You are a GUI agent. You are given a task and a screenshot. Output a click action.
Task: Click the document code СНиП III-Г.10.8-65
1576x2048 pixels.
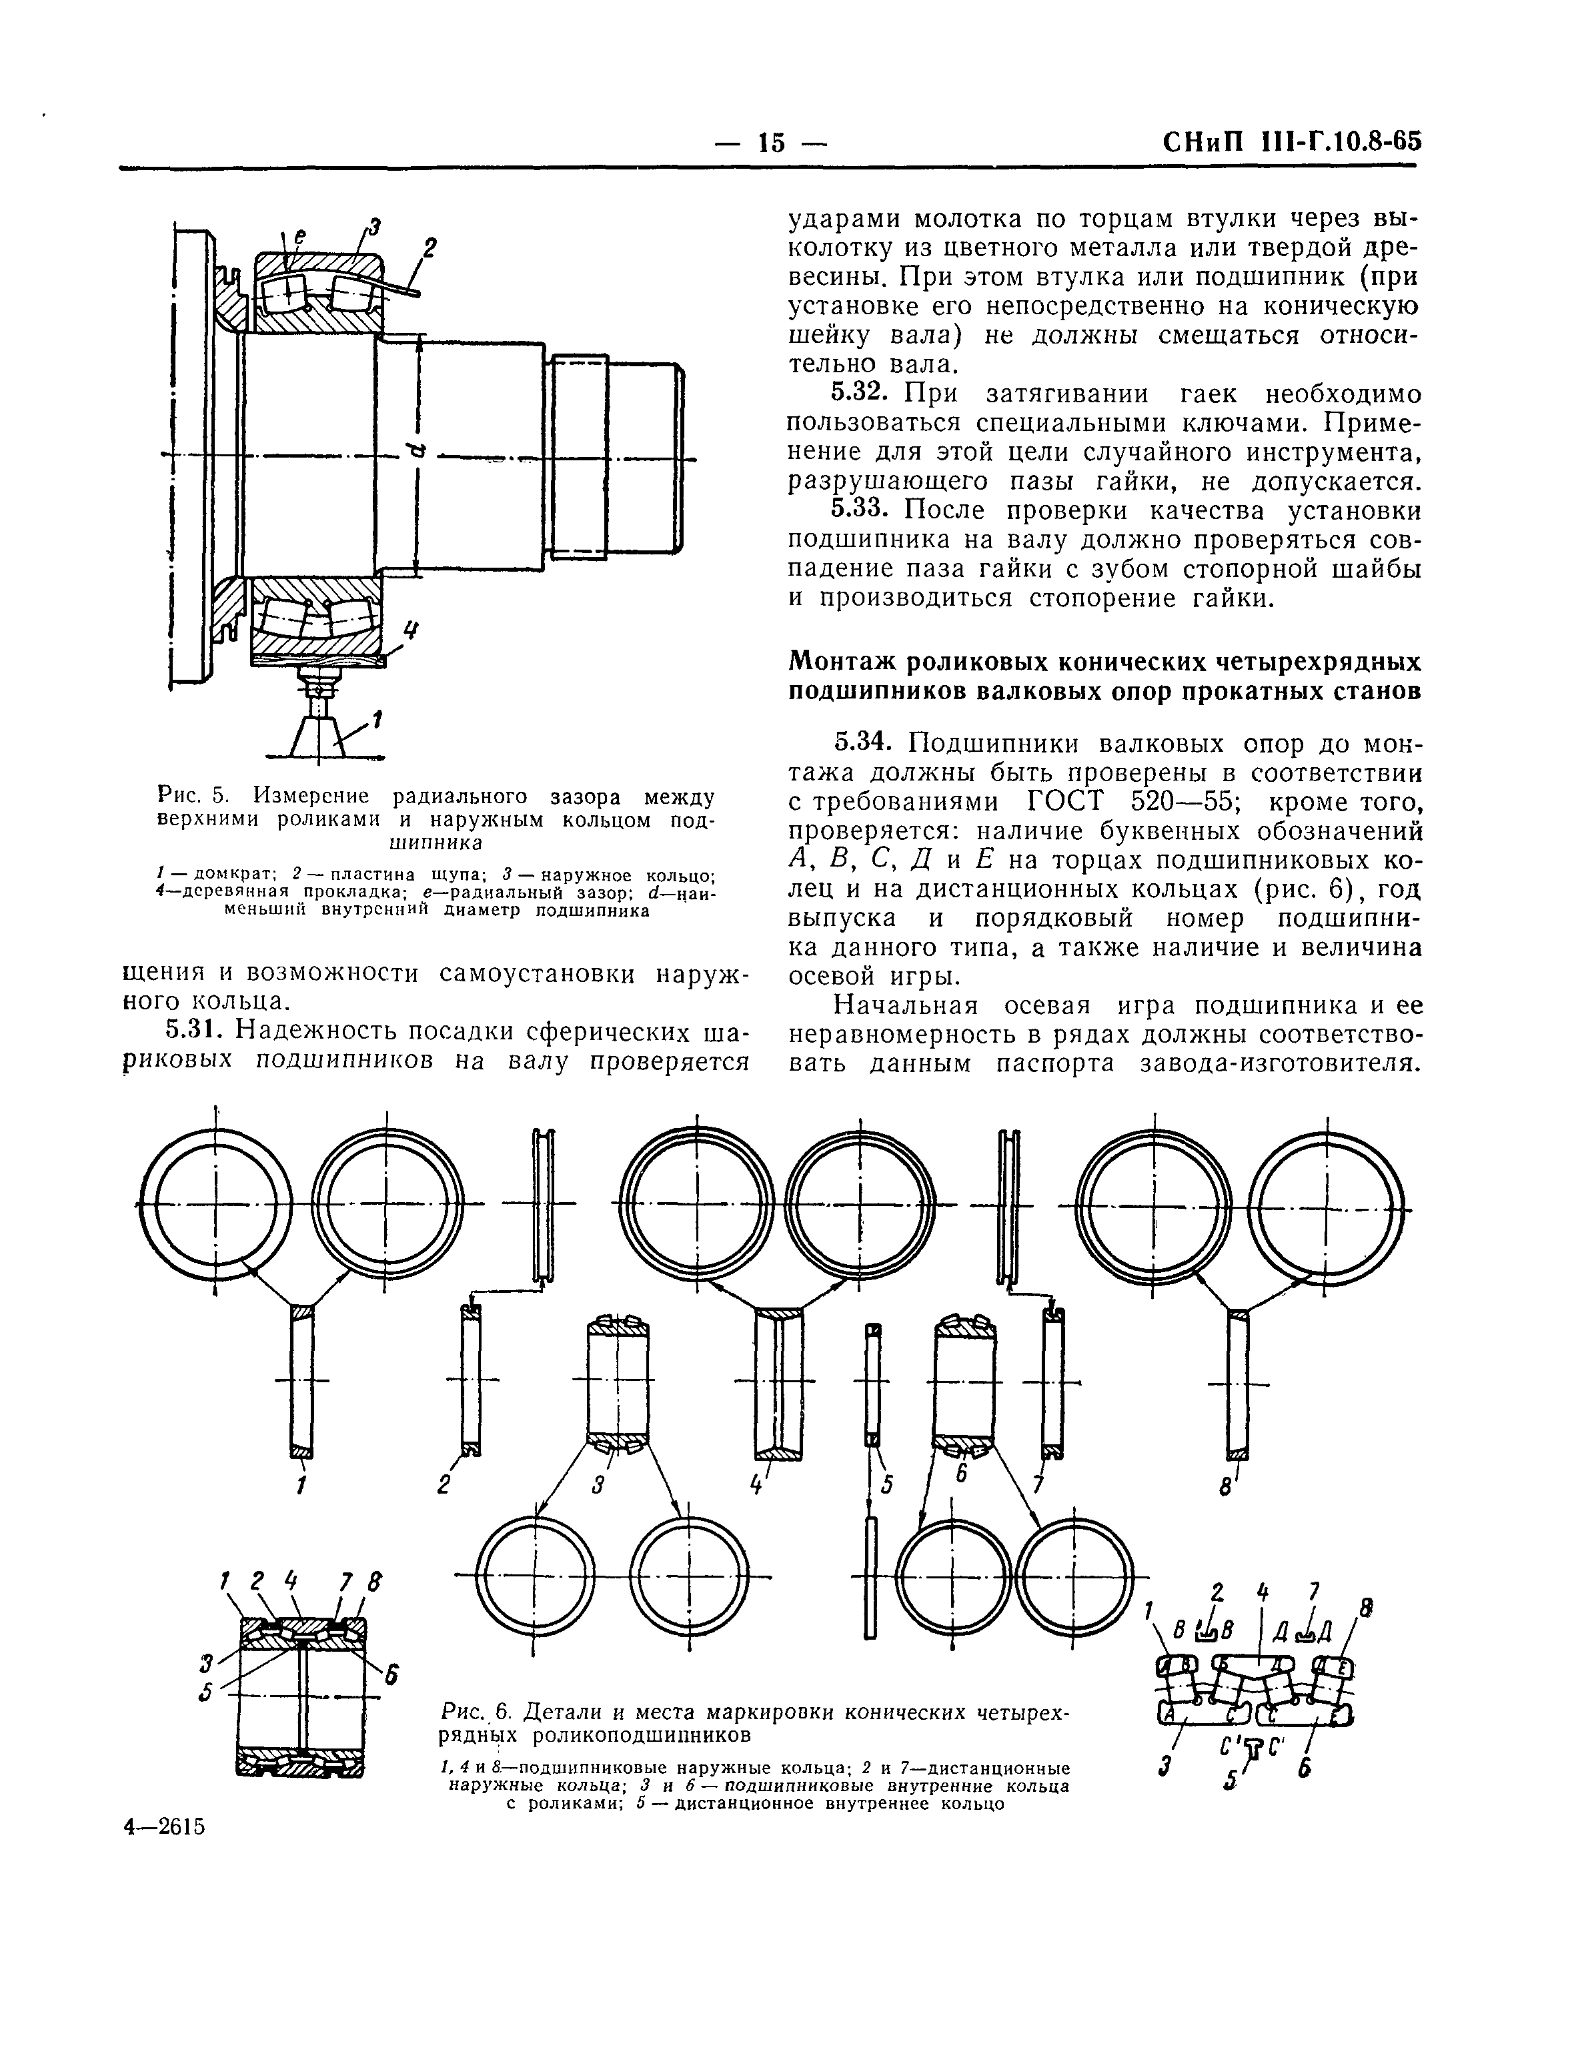tap(1291, 143)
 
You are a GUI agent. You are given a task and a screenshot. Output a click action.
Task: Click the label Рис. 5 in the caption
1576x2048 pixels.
tap(192, 797)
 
